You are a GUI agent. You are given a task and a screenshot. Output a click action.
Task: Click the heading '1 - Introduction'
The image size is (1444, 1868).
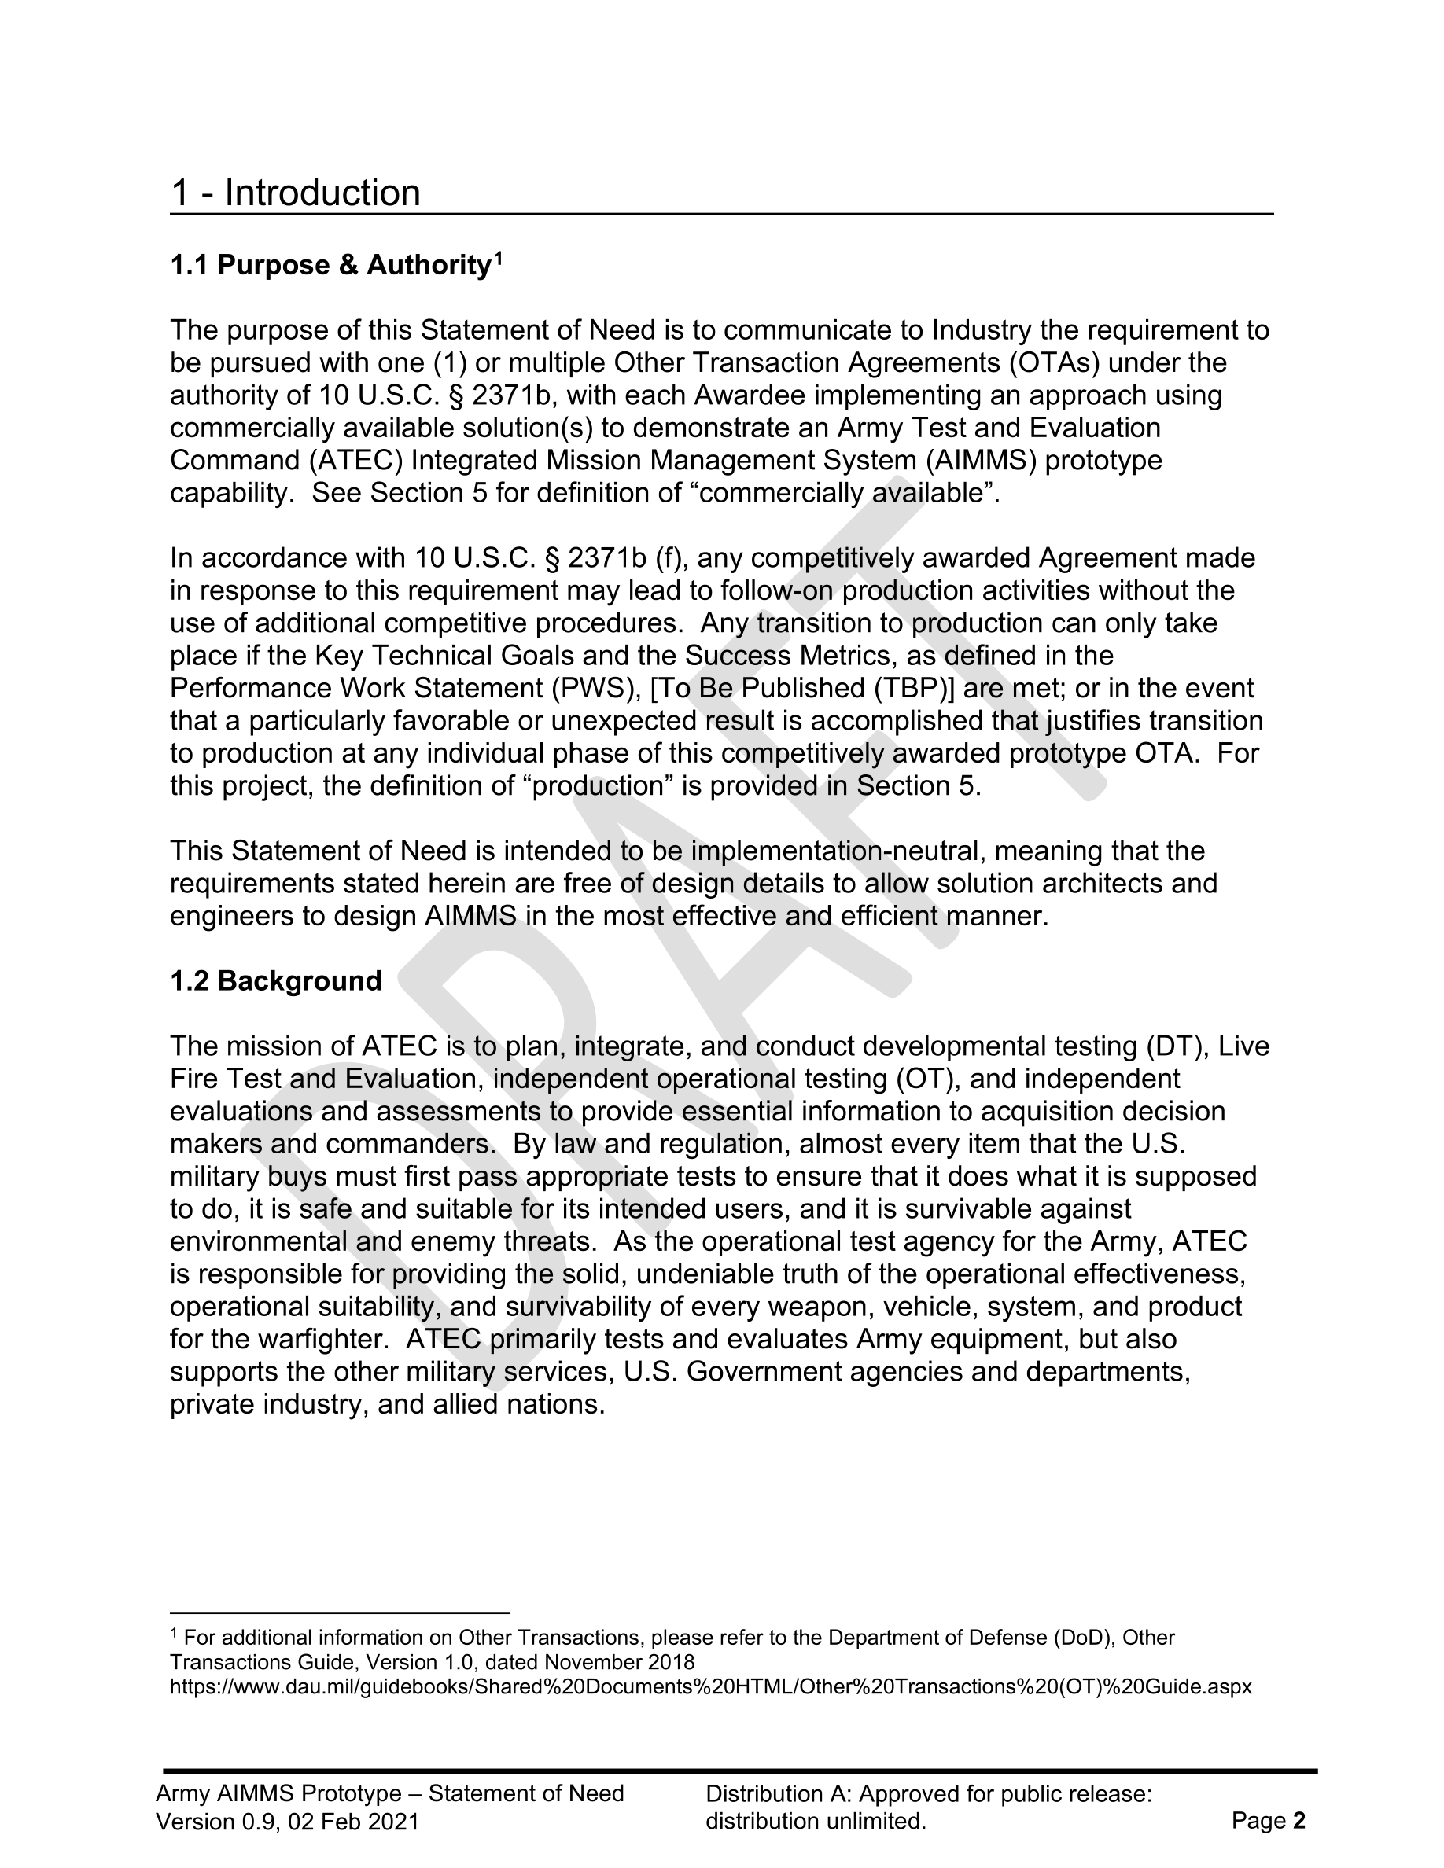point(295,193)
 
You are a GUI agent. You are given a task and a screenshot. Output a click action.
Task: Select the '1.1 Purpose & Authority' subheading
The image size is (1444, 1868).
point(330,266)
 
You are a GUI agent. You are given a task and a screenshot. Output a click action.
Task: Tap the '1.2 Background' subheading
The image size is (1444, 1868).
point(275,981)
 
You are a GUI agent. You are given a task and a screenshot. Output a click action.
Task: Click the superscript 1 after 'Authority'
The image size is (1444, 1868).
point(498,257)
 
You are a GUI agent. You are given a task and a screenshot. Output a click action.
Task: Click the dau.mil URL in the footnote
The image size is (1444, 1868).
point(710,1686)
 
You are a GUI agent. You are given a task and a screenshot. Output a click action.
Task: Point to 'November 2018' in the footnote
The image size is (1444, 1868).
point(619,1662)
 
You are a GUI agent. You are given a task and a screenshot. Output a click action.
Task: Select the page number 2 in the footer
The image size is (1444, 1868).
point(1299,1821)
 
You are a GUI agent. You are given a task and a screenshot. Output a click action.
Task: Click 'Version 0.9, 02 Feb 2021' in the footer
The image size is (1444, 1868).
point(287,1822)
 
